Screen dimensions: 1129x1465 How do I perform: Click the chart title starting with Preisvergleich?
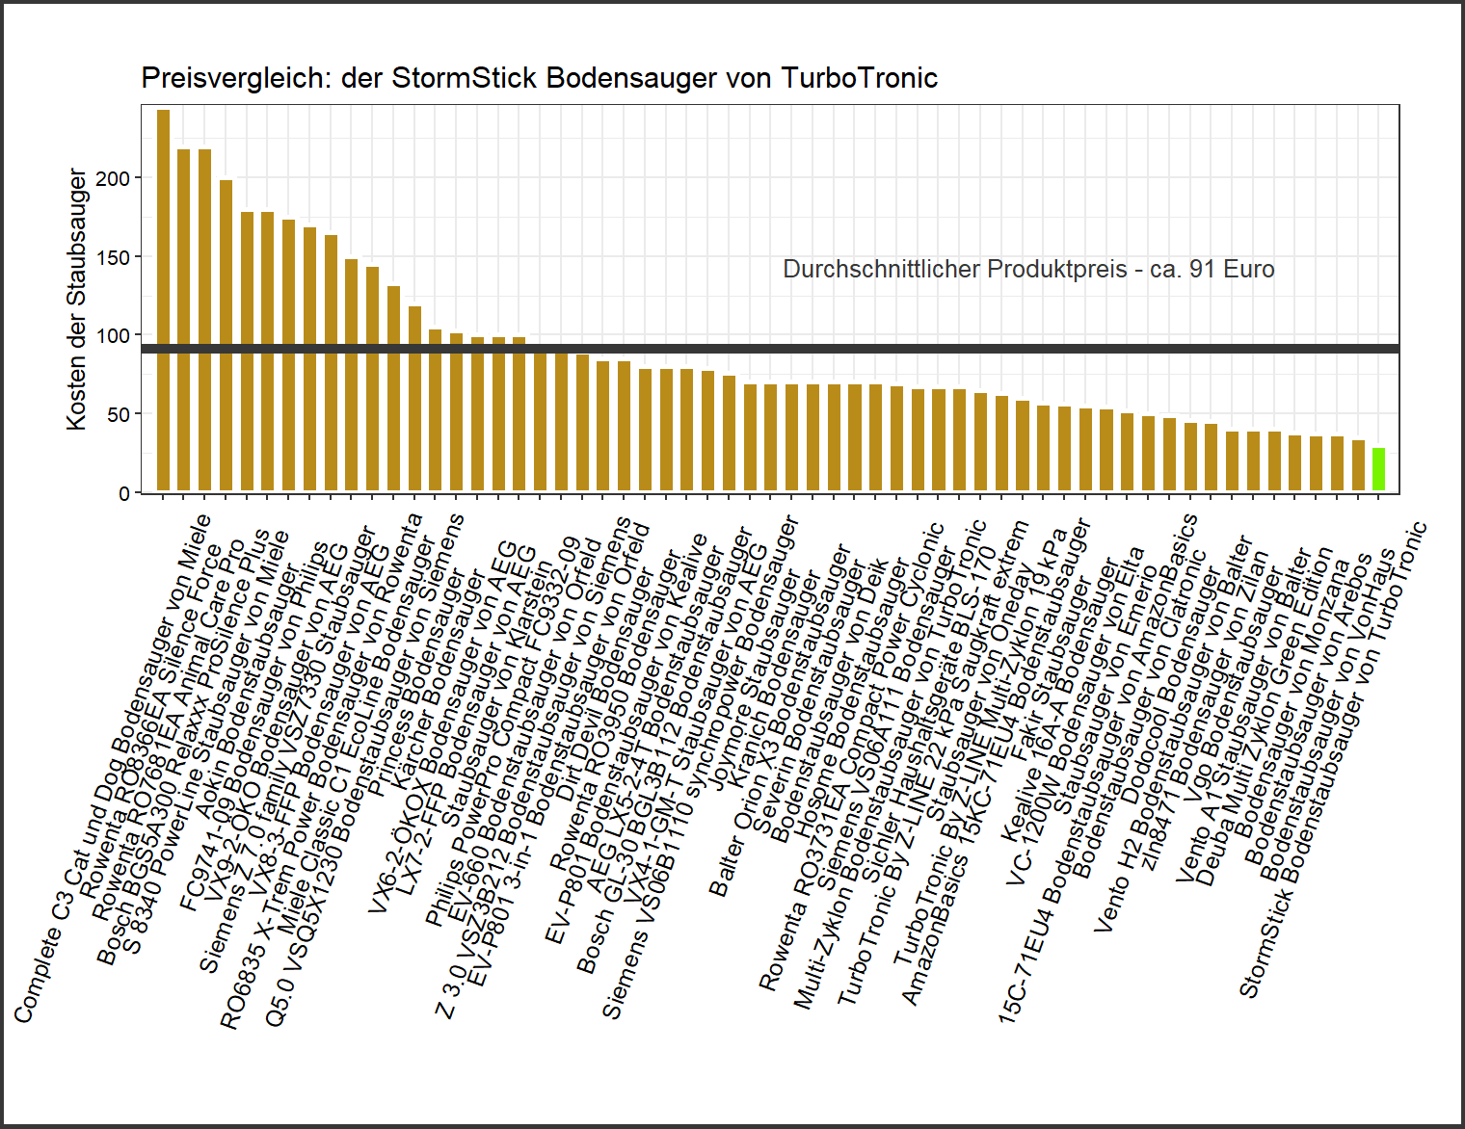(539, 78)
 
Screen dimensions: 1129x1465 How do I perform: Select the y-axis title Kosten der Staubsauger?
(76, 299)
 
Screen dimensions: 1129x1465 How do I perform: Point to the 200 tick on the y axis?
(113, 178)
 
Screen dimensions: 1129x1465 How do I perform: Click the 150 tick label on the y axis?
(113, 257)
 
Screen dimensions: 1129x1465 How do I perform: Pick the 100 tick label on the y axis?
(113, 335)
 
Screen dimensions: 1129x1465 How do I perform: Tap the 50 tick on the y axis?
(118, 414)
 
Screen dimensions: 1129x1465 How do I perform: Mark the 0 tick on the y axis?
(123, 493)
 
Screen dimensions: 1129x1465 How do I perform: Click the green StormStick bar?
(1378, 470)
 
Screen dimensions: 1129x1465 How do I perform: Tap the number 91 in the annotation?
(1201, 269)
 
